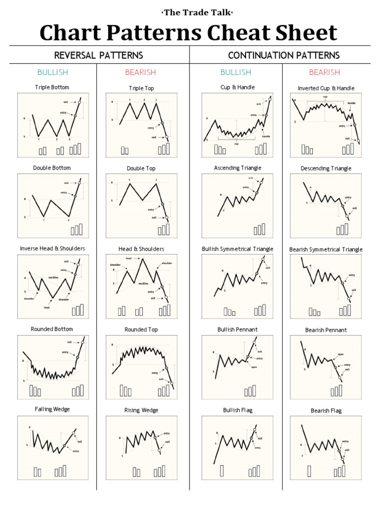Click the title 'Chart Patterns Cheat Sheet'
click(x=189, y=33)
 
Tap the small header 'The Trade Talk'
click(x=189, y=12)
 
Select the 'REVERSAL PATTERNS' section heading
click(x=98, y=55)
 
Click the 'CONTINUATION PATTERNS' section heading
click(x=284, y=55)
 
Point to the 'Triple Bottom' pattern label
click(x=52, y=87)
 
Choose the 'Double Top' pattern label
click(x=141, y=168)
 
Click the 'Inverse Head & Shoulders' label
click(x=52, y=249)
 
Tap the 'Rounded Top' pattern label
click(x=141, y=329)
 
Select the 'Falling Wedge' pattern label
click(x=52, y=409)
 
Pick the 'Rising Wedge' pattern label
click(x=141, y=410)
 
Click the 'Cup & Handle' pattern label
click(x=237, y=87)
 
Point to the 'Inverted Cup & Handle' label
click(x=326, y=88)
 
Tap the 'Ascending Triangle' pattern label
click(x=237, y=168)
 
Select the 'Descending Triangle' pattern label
click(x=326, y=169)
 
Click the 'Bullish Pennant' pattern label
click(x=237, y=329)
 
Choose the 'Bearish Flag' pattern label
click(x=326, y=410)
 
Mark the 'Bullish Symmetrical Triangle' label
click(x=237, y=249)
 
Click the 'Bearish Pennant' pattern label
click(x=326, y=330)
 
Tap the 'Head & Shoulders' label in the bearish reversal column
click(x=141, y=249)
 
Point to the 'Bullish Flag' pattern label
click(x=237, y=410)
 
